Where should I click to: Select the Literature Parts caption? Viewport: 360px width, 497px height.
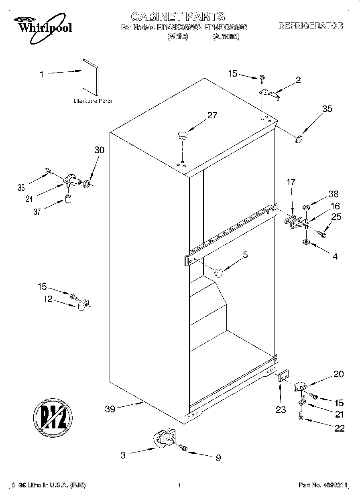coord(92,101)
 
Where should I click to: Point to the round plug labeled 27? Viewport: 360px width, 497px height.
coord(183,135)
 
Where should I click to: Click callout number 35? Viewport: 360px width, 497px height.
coord(327,108)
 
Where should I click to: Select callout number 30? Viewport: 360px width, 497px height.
coord(99,150)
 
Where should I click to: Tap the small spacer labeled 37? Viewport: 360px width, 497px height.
coord(68,199)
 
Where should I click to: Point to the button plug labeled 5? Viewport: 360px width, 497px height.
coord(218,272)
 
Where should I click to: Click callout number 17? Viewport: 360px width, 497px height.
coord(291,182)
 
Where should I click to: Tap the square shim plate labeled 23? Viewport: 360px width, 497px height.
coord(283,378)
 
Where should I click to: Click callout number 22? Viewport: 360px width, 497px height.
coord(339,428)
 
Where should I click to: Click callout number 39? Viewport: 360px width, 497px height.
coord(110,409)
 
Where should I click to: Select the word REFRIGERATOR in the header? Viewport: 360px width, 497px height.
coord(311,26)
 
